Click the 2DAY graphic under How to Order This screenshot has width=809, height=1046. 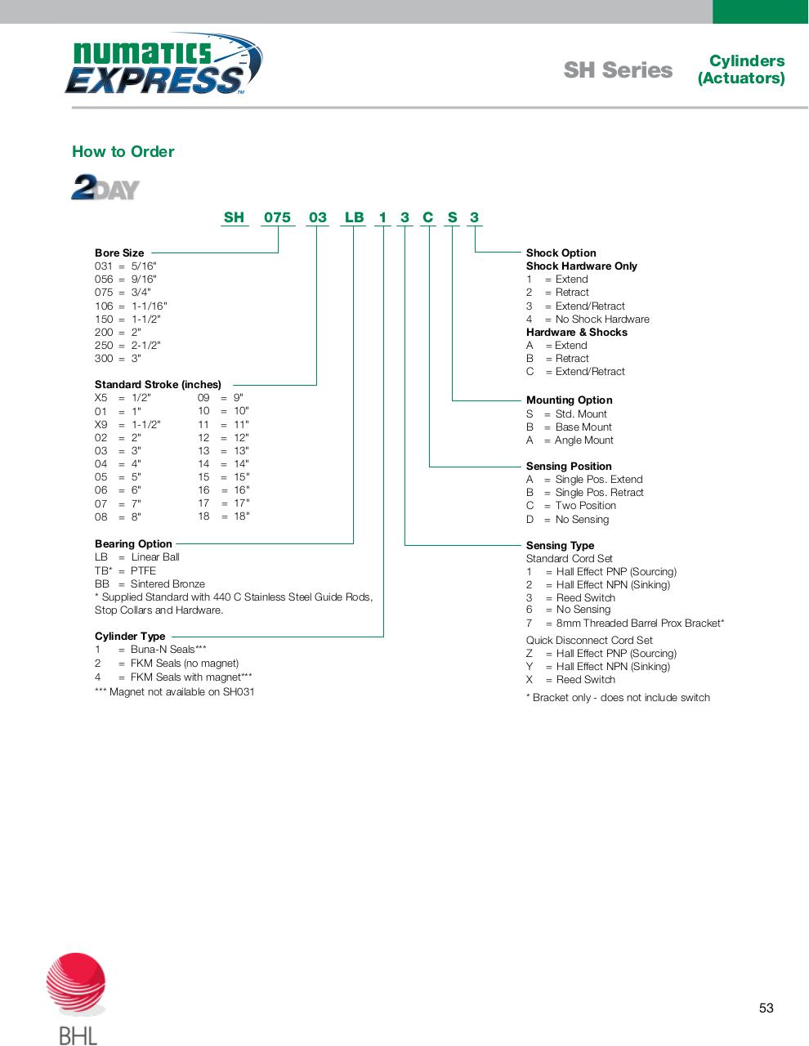[105, 187]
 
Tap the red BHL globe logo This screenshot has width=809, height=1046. [76, 985]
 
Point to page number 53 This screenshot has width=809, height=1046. [766, 1008]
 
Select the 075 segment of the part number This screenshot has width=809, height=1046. [277, 217]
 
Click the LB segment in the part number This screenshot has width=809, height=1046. [354, 217]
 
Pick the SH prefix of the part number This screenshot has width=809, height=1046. [234, 217]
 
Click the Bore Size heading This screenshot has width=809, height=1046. [119, 253]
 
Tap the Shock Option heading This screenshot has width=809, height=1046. [561, 253]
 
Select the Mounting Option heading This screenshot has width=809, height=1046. [569, 400]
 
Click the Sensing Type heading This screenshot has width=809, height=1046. [560, 546]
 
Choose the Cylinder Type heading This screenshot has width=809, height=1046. [130, 637]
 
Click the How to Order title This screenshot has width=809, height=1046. [123, 151]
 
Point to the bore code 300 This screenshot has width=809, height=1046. [104, 359]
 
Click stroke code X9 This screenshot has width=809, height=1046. [101, 425]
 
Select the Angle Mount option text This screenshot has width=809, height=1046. [583, 440]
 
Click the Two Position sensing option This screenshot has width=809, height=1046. [585, 506]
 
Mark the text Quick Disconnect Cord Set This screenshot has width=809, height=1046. [589, 641]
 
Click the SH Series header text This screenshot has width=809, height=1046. [618, 70]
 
